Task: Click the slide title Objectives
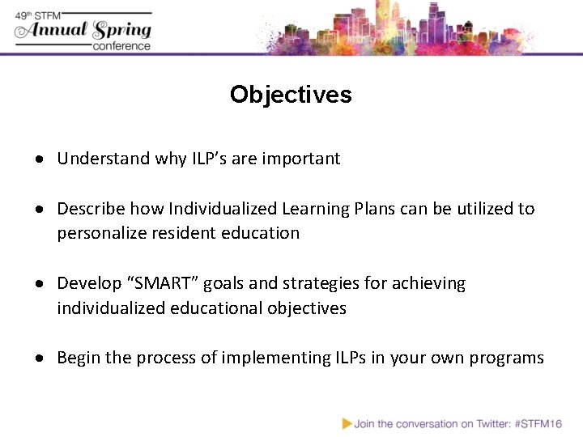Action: [291, 95]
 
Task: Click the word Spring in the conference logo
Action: [122, 31]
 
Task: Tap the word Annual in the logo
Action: [57, 31]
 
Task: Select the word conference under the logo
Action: [121, 46]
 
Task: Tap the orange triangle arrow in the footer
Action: [347, 422]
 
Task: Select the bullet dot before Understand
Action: [40, 159]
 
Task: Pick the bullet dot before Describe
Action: [40, 210]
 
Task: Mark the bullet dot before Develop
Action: [40, 284]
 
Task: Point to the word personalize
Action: [97, 233]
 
